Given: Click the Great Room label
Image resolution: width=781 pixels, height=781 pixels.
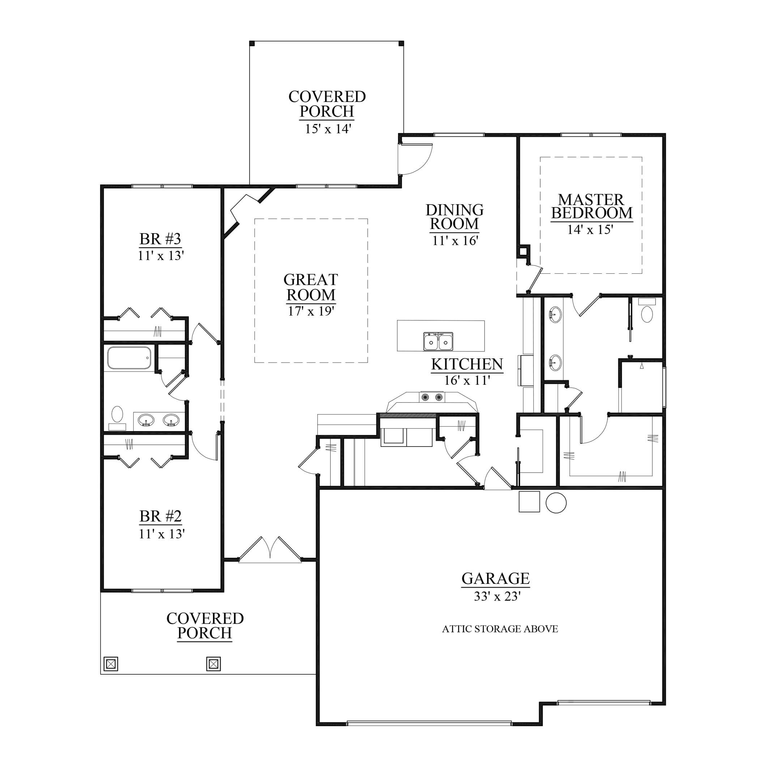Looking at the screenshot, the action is tap(311, 287).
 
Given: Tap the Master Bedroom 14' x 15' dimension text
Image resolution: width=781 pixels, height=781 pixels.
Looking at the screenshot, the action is tap(590, 230).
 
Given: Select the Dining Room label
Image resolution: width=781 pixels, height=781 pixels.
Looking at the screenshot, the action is tap(454, 217).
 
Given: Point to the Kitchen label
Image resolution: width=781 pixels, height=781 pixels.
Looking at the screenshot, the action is tap(467, 364).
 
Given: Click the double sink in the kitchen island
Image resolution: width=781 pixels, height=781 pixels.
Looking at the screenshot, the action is tap(438, 342).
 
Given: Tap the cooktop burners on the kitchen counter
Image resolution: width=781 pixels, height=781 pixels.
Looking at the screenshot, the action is tap(432, 397).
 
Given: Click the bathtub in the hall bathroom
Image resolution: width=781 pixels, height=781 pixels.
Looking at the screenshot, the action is tap(129, 358).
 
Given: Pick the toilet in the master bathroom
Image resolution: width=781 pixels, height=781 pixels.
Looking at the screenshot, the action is tap(647, 310).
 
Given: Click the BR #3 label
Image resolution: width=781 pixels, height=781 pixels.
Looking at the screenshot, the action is tap(160, 239).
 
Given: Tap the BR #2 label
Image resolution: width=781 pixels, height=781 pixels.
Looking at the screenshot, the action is tap(161, 516).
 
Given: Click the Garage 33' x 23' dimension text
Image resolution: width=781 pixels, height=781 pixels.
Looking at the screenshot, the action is tap(497, 596).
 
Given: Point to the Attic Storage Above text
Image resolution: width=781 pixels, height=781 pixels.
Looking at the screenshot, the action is tap(500, 629).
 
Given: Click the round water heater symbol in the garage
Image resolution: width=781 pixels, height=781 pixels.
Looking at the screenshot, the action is tap(556, 503).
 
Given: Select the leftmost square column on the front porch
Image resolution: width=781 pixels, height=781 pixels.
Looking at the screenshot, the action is tap(111, 663).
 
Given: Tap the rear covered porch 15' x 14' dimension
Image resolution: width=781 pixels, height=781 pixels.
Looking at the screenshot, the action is tap(328, 129).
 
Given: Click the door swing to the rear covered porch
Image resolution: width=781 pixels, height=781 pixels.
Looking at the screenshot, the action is tap(415, 159).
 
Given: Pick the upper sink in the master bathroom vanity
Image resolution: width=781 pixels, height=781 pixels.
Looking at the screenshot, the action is tap(555, 314).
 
